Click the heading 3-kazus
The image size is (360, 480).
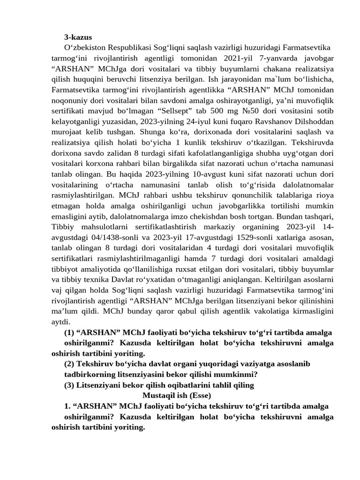78,37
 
